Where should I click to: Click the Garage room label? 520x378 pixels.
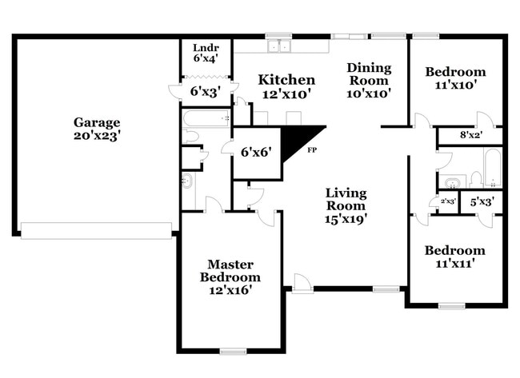pos(97,122)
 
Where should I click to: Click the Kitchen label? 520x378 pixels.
pos(286,80)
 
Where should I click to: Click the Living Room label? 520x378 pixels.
pos(346,199)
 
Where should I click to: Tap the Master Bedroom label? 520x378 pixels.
pos(230,270)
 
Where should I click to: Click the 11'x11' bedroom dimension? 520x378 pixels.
pos(454,264)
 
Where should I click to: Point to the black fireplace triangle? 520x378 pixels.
pos(307,137)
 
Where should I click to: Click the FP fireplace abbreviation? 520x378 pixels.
pos(313,149)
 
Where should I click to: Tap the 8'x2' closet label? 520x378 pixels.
pos(471,135)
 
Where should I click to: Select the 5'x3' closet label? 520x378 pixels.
pos(480,202)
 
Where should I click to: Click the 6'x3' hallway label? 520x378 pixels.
pos(205,92)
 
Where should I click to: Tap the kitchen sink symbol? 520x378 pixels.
pos(279,46)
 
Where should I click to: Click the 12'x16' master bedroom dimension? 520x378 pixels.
pos(230,291)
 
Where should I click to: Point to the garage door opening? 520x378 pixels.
pos(96,231)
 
